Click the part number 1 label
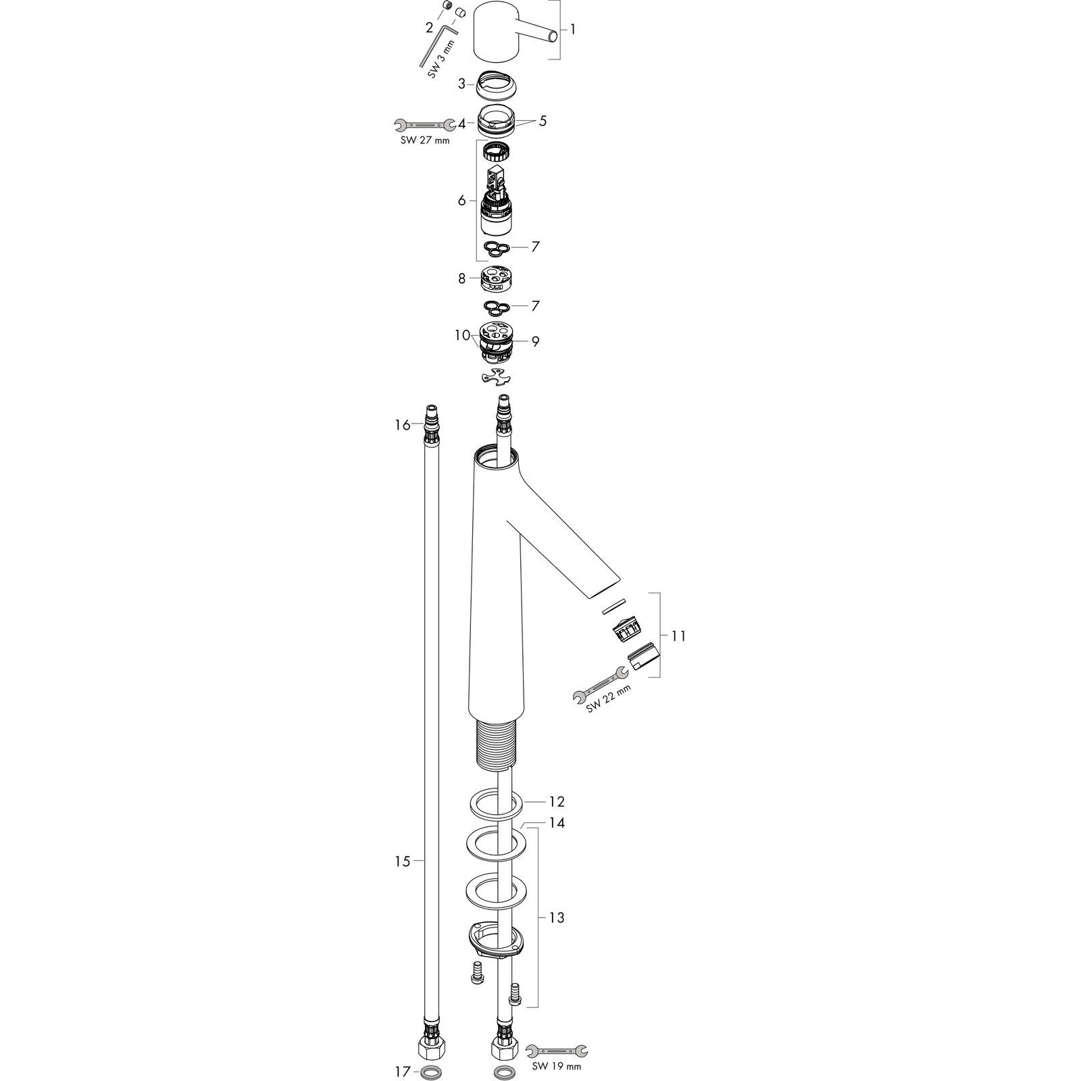click(573, 30)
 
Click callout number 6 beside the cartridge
click(462, 201)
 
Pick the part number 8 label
click(462, 278)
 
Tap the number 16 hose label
click(403, 425)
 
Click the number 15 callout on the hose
click(403, 861)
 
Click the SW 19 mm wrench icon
click(556, 1049)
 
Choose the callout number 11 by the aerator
click(678, 636)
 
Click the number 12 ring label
click(556, 802)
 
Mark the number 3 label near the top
click(462, 84)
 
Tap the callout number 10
click(462, 335)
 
